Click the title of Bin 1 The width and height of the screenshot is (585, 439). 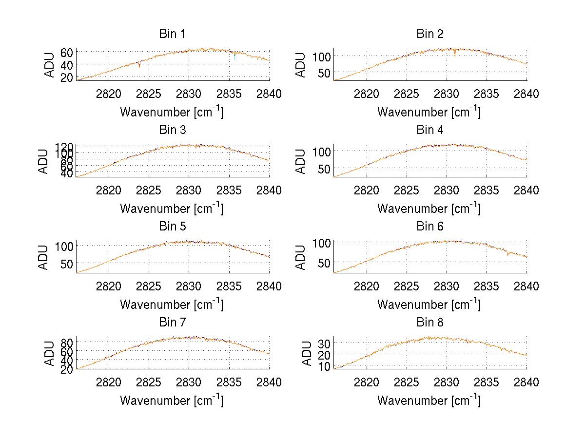[172, 34]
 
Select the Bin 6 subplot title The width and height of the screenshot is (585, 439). [429, 227]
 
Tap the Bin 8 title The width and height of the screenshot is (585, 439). [429, 323]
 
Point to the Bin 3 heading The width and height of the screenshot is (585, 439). [172, 130]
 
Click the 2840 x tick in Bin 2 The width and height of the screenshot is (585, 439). [526, 94]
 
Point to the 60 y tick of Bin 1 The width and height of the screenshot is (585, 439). [67, 52]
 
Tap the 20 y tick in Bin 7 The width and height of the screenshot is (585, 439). [67, 369]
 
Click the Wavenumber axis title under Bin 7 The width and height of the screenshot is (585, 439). [172, 401]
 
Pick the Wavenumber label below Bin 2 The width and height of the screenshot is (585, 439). [429, 112]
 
